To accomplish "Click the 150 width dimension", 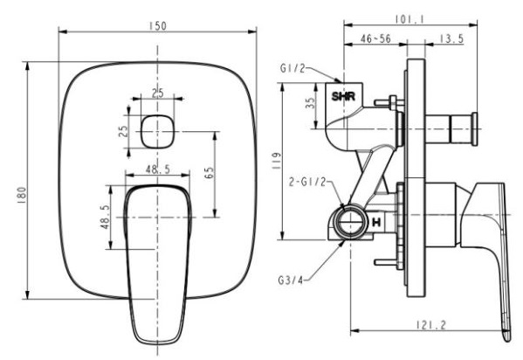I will pos(157,25).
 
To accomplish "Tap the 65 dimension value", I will pos(210,171).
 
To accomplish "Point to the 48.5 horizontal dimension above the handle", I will pos(158,170).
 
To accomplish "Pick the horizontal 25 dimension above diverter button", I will pos(157,93).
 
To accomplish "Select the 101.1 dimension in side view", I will pos(403,17).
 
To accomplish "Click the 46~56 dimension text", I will pos(375,39).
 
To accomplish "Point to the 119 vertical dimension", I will pos(276,160).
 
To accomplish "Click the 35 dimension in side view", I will pos(310,106).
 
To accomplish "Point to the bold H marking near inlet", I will pos(375,224).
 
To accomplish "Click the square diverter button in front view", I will pos(158,130).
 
